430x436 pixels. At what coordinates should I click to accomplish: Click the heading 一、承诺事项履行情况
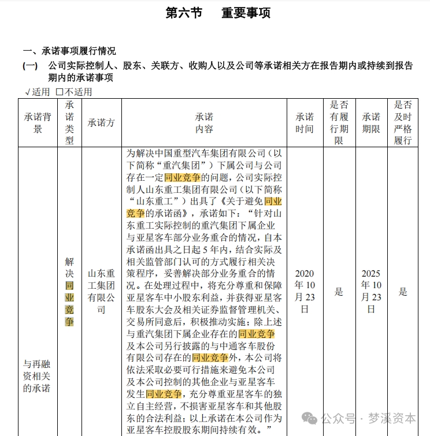point(69,51)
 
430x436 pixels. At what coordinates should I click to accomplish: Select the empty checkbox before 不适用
point(59,92)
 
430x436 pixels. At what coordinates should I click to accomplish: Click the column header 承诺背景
point(38,122)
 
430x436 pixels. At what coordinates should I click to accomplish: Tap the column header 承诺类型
point(69,122)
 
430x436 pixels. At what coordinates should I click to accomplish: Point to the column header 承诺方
point(101,122)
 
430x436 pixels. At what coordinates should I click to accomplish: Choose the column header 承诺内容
point(204,122)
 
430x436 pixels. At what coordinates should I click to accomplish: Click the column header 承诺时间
point(305,122)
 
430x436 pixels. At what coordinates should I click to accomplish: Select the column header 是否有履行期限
point(339,122)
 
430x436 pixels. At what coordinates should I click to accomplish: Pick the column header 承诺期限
point(371,122)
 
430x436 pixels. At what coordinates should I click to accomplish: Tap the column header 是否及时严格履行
point(403,122)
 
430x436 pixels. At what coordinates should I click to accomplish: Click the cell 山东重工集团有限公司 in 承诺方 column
point(101,292)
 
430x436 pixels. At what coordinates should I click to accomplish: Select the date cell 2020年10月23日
point(305,292)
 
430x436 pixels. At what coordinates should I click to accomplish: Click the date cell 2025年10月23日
point(371,292)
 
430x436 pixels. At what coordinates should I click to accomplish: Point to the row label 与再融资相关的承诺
point(38,375)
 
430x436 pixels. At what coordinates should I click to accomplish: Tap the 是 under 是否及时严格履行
point(403,292)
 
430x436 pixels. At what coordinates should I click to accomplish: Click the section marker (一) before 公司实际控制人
point(30,66)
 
